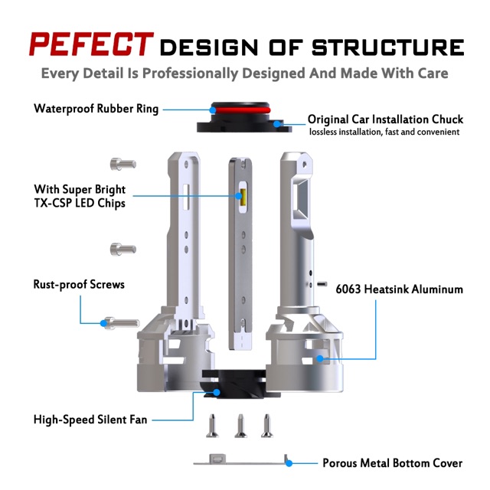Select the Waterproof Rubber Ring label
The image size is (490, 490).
pyautogui.click(x=96, y=109)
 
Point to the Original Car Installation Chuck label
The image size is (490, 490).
pyautogui.click(x=385, y=119)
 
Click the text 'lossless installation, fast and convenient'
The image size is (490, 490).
pyautogui.click(x=384, y=132)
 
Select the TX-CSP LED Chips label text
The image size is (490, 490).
pyautogui.click(x=80, y=203)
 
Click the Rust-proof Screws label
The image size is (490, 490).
pyautogui.click(x=79, y=284)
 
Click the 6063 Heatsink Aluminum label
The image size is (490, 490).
pyautogui.click(x=399, y=289)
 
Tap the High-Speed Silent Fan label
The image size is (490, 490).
pyautogui.click(x=90, y=419)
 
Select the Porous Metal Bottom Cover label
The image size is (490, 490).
pyautogui.click(x=392, y=463)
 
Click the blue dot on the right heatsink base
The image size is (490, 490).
pyautogui.click(x=325, y=358)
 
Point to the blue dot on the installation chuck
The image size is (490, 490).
pyautogui.click(x=283, y=121)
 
